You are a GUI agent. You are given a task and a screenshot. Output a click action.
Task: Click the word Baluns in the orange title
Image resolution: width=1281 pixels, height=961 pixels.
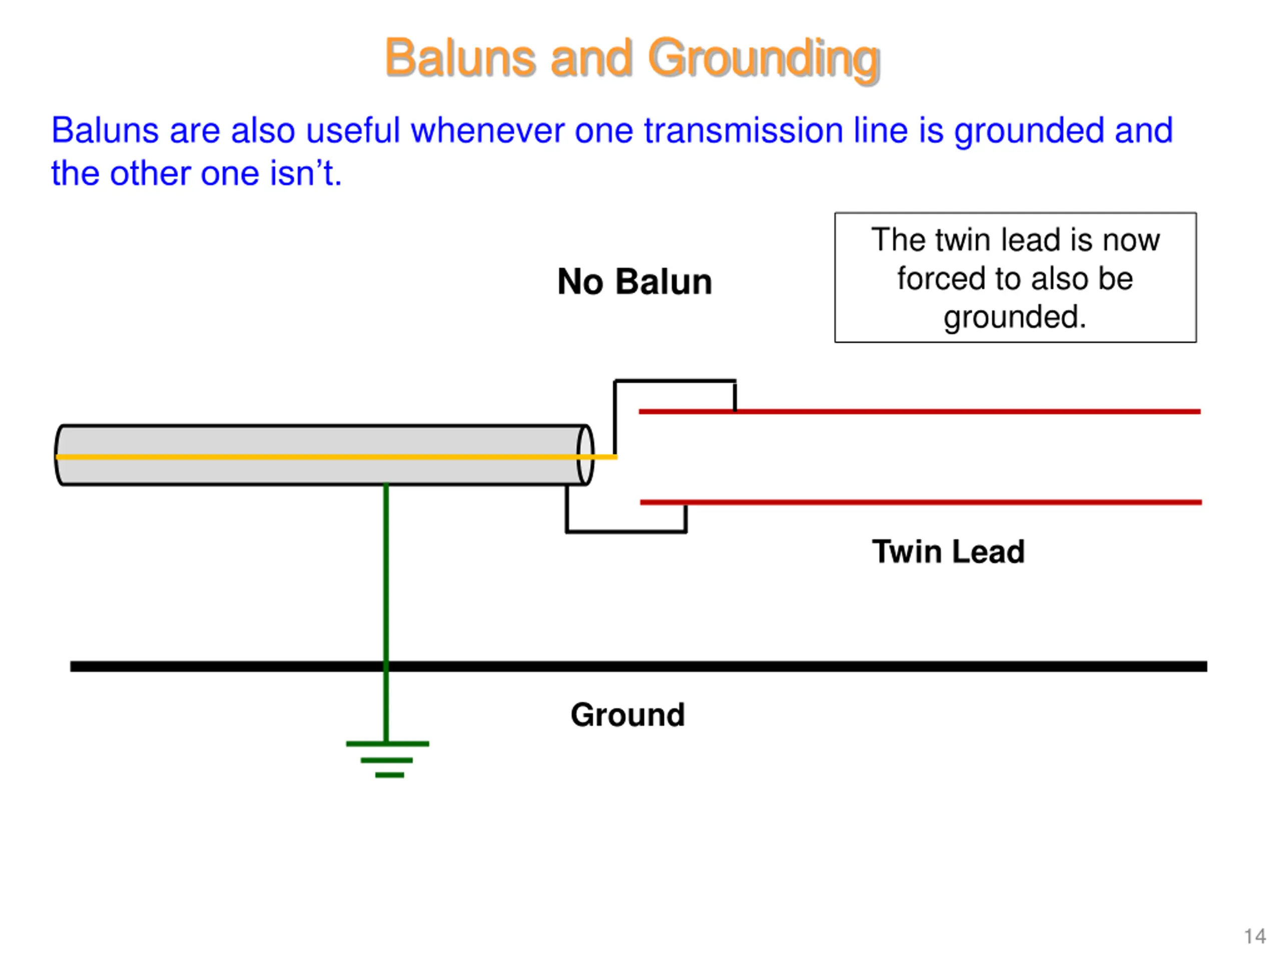461,58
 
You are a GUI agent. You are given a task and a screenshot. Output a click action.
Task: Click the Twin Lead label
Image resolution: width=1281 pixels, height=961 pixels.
948,552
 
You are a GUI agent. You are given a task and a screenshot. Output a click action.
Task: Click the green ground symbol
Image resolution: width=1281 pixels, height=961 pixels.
387,759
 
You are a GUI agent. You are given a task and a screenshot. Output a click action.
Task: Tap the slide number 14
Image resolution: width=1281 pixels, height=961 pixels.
1255,936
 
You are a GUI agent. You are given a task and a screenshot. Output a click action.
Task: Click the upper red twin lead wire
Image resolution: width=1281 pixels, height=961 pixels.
920,411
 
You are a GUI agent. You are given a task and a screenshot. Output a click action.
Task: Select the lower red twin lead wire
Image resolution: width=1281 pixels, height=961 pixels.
921,502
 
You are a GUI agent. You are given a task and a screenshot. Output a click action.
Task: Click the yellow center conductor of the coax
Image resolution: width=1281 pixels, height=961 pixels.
336,457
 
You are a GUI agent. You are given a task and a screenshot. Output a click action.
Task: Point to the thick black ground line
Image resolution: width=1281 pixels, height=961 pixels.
639,666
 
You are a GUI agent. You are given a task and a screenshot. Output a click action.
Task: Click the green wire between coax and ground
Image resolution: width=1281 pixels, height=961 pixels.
386,612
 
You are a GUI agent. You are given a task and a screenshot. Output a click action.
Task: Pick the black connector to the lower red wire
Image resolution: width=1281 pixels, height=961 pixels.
626,531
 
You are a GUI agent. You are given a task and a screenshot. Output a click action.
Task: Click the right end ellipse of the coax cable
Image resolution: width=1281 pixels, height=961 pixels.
585,454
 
